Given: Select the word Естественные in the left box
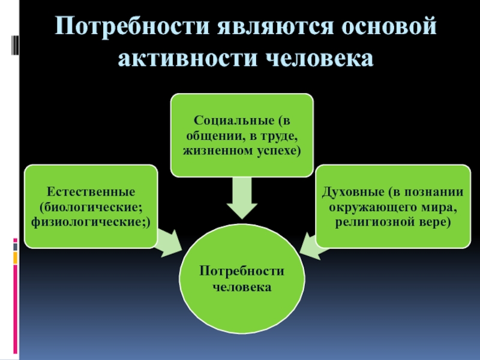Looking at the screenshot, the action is (90, 192).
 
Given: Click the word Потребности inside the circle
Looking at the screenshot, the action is (242, 274).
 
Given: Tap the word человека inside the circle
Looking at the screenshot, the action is (242, 287).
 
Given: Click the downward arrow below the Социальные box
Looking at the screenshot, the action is (242, 197).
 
